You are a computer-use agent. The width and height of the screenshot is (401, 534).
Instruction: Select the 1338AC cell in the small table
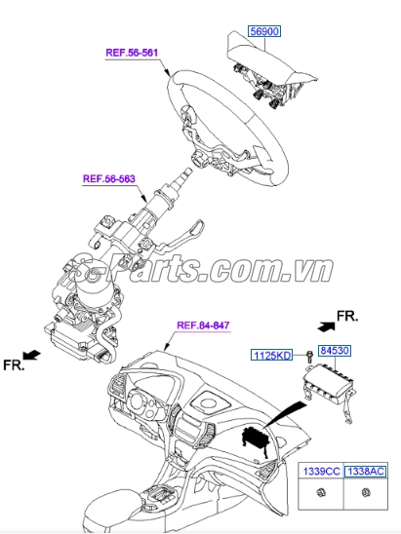(367, 471)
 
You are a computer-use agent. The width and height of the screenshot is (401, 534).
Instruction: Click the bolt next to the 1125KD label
(306, 357)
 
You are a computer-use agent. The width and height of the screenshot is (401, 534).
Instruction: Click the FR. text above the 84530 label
(347, 316)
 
